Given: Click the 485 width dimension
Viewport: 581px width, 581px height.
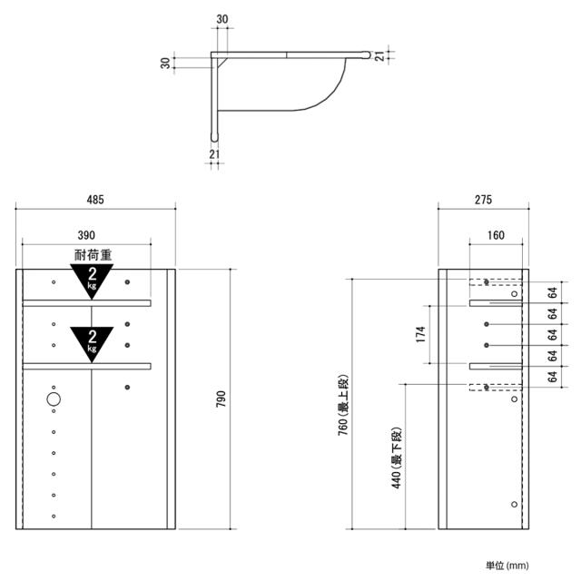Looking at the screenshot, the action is click(x=95, y=200).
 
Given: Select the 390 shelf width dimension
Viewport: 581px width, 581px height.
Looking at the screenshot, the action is click(x=86, y=235).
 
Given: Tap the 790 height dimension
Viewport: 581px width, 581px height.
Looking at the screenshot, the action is click(x=221, y=399).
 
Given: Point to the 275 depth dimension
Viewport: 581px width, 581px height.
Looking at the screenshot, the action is click(x=483, y=200).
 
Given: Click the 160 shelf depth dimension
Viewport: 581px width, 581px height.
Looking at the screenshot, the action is click(x=496, y=235).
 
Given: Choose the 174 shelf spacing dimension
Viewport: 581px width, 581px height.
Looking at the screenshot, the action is click(x=420, y=334).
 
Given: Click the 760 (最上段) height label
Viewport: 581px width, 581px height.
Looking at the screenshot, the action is click(x=343, y=405).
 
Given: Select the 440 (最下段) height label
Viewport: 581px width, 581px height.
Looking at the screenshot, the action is click(x=397, y=458).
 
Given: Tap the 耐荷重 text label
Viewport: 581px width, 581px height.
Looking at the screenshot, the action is click(x=93, y=255).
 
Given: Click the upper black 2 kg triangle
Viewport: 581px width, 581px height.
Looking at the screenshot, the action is click(x=92, y=280).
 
